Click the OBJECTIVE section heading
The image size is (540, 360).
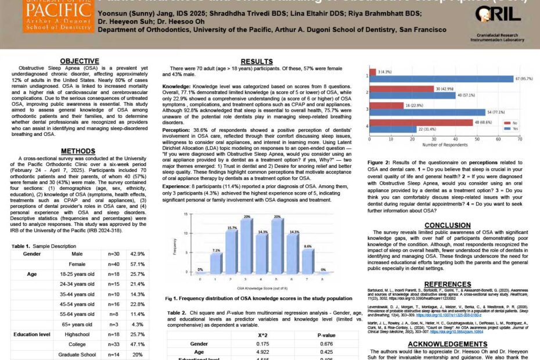tap(80, 61)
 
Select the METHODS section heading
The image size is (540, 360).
tap(78, 151)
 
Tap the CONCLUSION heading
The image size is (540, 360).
tap(447, 225)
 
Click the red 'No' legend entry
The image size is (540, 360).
tap(511, 124)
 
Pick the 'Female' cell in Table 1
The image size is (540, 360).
tap(77, 264)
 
